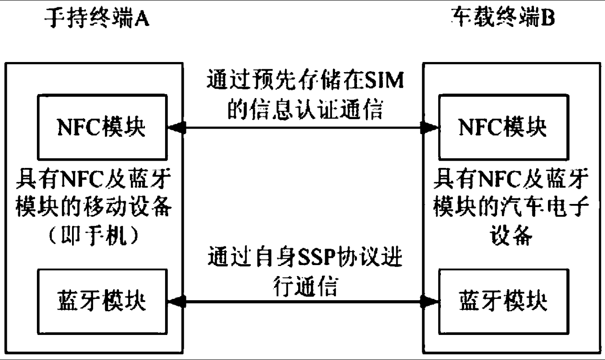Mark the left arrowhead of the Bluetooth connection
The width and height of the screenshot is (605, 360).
(x=176, y=301)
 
